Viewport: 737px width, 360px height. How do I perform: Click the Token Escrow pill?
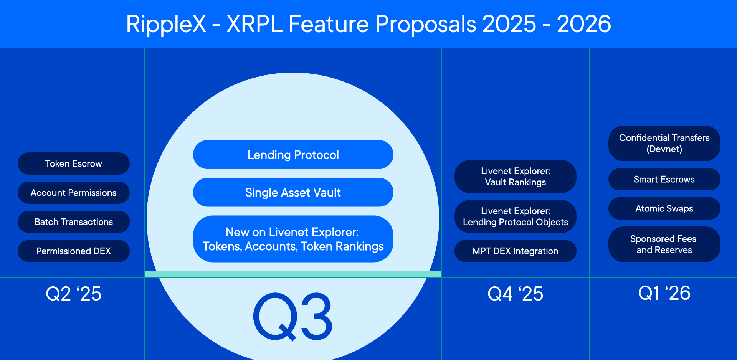click(74, 163)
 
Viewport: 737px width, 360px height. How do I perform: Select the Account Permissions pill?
click(74, 193)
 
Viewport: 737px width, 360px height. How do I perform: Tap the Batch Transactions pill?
click(74, 222)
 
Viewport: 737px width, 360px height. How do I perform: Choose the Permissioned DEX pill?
click(74, 251)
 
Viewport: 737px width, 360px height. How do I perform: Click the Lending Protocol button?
click(293, 155)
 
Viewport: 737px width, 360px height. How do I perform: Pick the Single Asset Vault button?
click(293, 192)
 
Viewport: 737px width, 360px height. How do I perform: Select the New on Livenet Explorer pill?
click(293, 239)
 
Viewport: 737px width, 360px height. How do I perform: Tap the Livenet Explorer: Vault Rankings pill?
click(515, 177)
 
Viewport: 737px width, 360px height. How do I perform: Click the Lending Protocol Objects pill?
click(515, 216)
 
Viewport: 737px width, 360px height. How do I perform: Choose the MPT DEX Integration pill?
click(515, 251)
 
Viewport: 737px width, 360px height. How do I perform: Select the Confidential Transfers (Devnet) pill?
click(664, 143)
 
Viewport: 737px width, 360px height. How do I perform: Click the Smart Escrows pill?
click(664, 179)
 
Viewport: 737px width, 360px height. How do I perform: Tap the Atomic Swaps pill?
click(664, 208)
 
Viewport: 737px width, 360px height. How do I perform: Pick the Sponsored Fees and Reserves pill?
click(664, 244)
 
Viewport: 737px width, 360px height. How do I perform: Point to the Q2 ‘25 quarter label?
click(74, 294)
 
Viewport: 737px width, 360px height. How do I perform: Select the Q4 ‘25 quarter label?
click(515, 294)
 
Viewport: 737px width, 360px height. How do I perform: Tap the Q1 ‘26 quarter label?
click(664, 293)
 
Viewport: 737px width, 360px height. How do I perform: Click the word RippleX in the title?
click(166, 24)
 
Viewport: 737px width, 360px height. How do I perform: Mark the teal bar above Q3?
click(293, 274)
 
